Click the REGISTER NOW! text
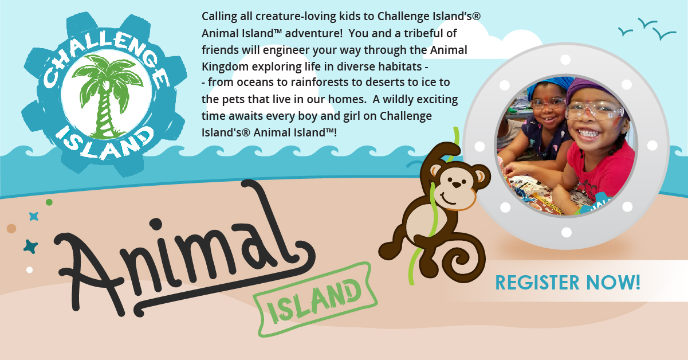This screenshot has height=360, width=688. pyautogui.click(x=568, y=282)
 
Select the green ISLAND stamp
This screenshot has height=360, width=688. pyautogui.click(x=315, y=299)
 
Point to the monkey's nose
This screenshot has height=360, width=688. pyautogui.click(x=457, y=185)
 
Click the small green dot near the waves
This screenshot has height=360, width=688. pyautogui.click(x=49, y=202)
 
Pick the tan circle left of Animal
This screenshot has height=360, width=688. pyautogui.click(x=11, y=228)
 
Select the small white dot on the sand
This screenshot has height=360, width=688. pyautogui.click(x=29, y=270)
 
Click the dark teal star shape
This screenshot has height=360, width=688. pyautogui.click(x=30, y=246)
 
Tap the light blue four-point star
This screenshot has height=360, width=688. pyautogui.click(x=34, y=217)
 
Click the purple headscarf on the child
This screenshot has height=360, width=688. pyautogui.click(x=593, y=89)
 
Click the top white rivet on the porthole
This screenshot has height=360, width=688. pyautogui.click(x=565, y=60)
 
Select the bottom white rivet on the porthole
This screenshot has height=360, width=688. pyautogui.click(x=567, y=232)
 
